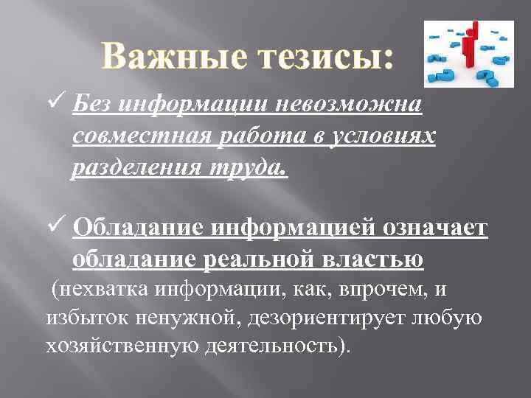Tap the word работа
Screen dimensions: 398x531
pyautogui.click(x=248, y=138)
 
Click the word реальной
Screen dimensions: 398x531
pyautogui.click(x=254, y=260)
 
